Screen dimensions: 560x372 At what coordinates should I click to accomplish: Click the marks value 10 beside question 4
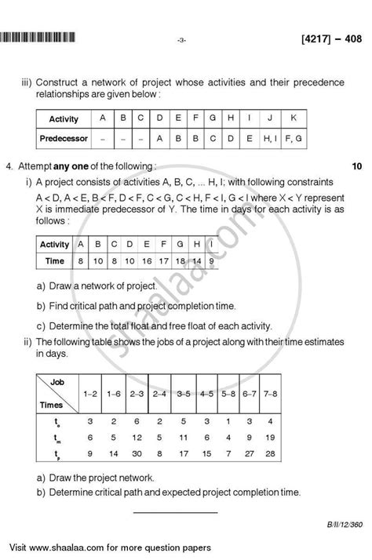[356, 166]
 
